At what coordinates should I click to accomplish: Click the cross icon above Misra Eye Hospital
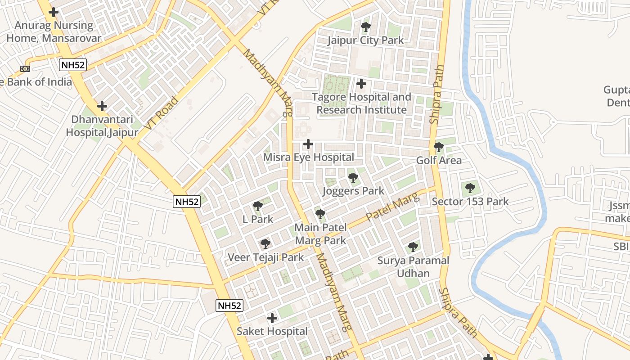pos(308,144)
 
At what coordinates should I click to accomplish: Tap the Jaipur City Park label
pos(365,40)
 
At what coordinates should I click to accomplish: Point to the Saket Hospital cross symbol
pos(272,318)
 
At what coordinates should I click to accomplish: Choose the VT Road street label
pos(162,113)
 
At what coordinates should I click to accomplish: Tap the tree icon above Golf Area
pos(438,147)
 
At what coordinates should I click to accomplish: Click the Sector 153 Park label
pos(470,201)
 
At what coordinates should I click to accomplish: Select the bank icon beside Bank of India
pos(25,69)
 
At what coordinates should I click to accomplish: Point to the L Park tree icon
pos(258,207)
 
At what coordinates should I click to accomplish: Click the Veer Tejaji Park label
pos(265,257)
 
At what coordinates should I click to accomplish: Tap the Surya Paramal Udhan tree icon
pos(413,247)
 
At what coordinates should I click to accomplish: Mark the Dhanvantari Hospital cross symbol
pos(102,106)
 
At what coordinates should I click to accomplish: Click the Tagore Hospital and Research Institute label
pos(362,103)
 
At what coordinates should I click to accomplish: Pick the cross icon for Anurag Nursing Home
pos(54,12)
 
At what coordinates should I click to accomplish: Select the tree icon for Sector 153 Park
pos(470,188)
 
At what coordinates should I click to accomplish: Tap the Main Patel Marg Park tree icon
pos(320,214)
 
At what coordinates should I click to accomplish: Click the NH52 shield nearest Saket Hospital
pos(229,306)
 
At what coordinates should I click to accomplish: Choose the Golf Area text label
pos(439,160)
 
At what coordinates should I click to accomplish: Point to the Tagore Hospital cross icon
pos(361,84)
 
